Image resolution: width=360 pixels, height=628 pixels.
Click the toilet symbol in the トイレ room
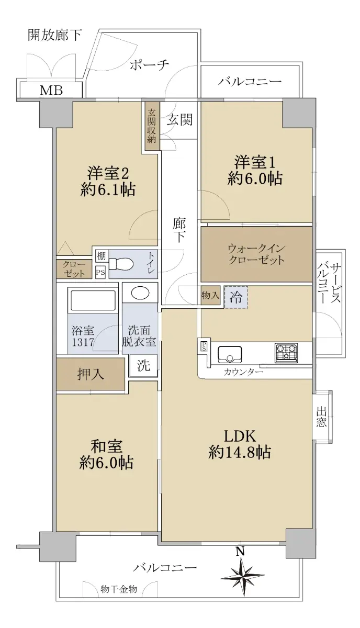[120, 264]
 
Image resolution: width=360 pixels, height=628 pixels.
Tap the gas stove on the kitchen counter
[286, 352]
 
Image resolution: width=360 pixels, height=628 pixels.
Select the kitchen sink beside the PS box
[230, 354]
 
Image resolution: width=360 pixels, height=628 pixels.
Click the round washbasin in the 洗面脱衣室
[140, 294]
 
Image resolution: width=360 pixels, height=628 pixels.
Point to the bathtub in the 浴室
[93, 300]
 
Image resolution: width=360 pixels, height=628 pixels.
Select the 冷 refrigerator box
[236, 297]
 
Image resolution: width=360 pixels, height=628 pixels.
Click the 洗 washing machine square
[143, 365]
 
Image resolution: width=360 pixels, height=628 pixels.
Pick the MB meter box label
[51, 90]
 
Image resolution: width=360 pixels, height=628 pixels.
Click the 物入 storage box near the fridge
[210, 295]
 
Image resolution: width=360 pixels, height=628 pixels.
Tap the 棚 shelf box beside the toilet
[101, 256]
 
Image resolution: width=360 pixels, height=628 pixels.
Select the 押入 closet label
[91, 374]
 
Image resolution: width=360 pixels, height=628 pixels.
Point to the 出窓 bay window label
[321, 417]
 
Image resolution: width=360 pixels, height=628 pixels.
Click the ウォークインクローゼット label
[256, 254]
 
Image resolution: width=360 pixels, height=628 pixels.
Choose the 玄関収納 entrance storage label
[152, 127]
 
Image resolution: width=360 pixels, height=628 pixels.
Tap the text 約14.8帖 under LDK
[240, 452]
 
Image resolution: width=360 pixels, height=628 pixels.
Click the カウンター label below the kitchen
[243, 372]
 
